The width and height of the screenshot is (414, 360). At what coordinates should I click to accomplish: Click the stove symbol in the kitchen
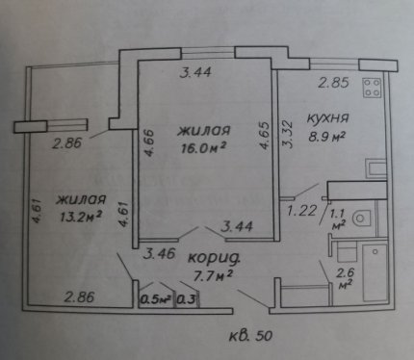(373, 88)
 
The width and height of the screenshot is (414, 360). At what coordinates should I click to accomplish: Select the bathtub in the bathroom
(375, 272)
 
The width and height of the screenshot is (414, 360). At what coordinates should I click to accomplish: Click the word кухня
(327, 117)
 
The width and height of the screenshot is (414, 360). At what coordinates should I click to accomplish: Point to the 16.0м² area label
(204, 148)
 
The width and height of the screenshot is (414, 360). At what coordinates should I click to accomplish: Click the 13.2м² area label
(81, 217)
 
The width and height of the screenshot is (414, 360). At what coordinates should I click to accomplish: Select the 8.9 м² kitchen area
(326, 137)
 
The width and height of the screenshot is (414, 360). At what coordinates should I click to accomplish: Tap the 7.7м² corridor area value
(212, 275)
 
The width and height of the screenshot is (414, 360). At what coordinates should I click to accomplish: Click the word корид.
(214, 258)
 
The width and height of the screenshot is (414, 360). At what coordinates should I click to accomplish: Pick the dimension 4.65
(265, 135)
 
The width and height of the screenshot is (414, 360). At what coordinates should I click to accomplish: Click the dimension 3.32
(288, 134)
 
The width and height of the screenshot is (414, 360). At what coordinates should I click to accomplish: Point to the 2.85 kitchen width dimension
(333, 83)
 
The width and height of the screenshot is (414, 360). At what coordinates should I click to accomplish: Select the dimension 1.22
(301, 211)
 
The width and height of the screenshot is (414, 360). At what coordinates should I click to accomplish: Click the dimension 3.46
(160, 254)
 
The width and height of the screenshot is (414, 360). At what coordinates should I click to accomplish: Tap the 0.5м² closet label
(156, 299)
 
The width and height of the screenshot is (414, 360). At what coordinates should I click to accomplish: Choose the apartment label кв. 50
(251, 336)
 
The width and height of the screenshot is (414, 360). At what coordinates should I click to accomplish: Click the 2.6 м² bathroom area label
(345, 278)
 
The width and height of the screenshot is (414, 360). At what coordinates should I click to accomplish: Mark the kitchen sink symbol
(375, 168)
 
